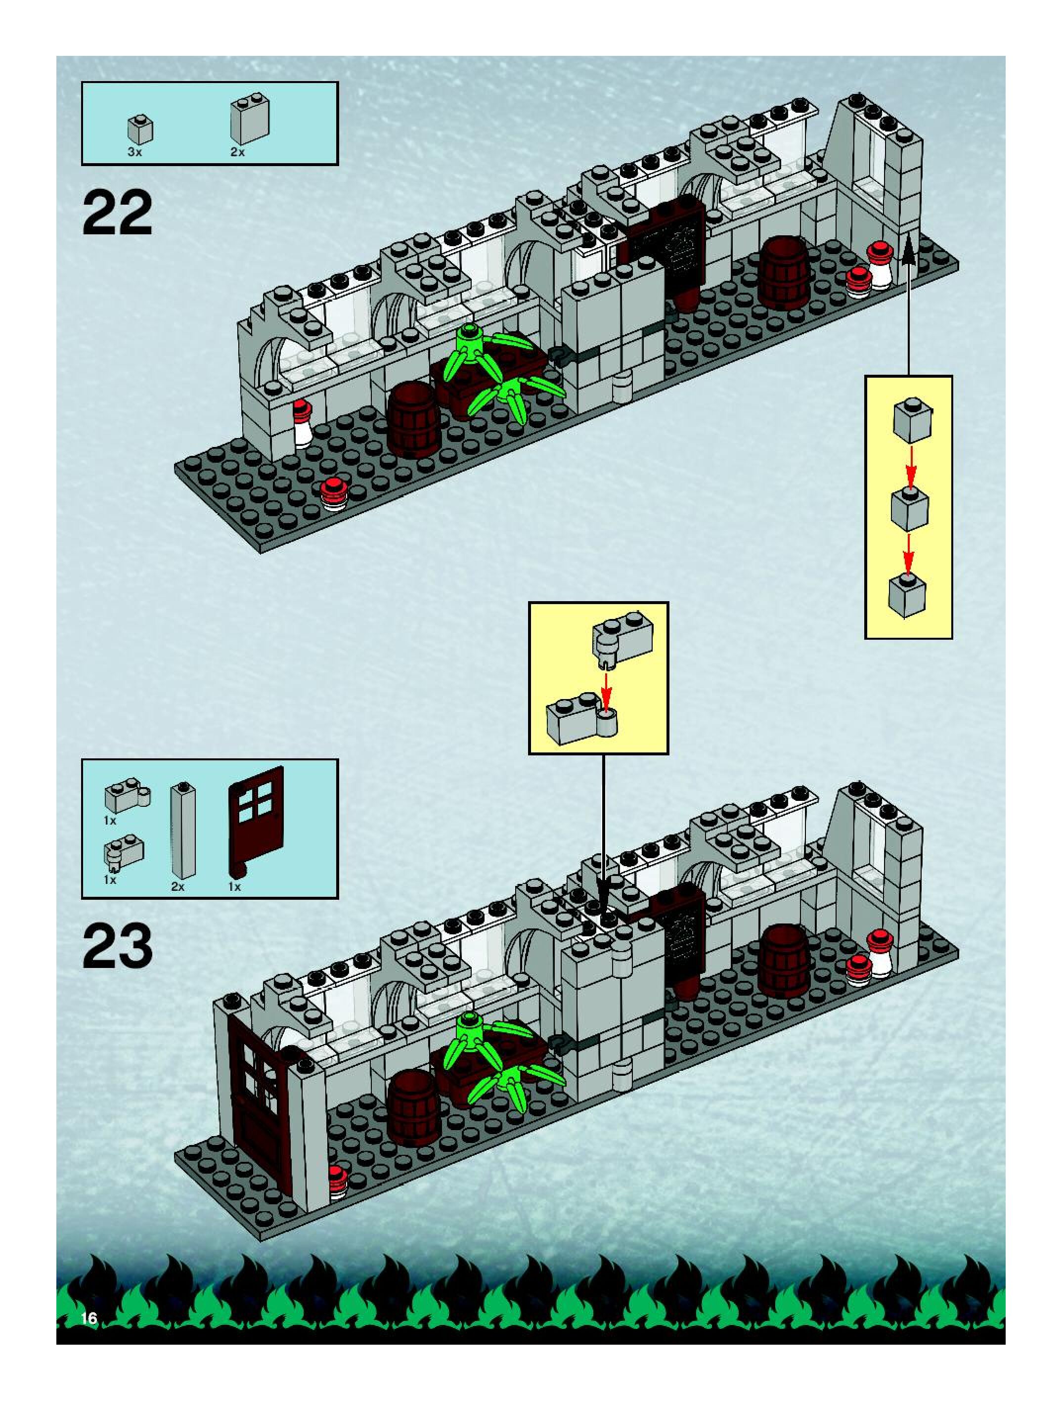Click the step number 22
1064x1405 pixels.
tap(118, 214)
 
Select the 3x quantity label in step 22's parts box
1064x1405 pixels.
tap(134, 152)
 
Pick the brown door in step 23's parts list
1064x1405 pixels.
tap(256, 826)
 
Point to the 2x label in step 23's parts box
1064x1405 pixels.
tap(178, 887)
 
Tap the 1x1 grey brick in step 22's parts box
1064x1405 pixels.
tap(140, 129)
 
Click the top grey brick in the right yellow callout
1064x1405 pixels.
tap(912, 420)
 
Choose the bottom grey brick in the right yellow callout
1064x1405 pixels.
tap(907, 595)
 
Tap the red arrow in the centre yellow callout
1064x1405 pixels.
tap(607, 690)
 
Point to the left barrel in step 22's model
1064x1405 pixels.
tap(413, 419)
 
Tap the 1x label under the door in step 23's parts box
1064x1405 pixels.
tap(235, 887)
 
